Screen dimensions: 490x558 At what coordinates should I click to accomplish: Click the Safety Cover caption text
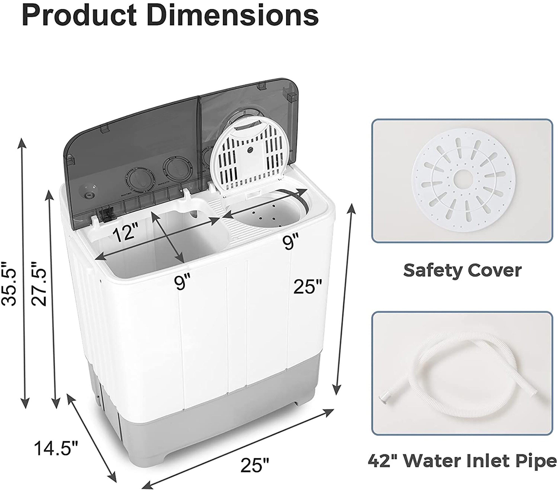coord(462,270)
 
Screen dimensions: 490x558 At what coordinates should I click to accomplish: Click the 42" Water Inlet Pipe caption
coord(462,461)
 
